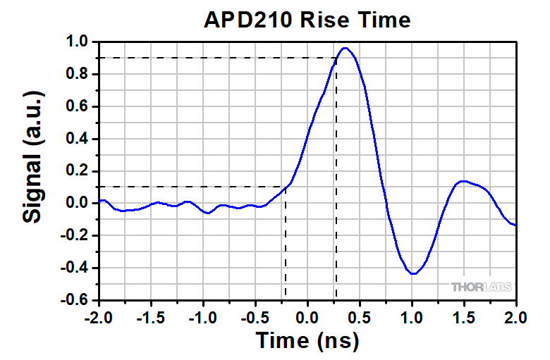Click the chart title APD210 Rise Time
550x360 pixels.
tap(306, 20)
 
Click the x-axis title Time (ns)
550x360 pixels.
tap(307, 340)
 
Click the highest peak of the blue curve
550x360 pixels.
tap(345, 48)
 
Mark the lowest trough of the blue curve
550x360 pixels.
tap(413, 273)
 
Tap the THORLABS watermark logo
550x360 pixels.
tap(482, 287)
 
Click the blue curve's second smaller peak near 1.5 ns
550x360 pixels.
tap(463, 181)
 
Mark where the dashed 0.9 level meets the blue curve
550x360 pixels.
tap(336, 58)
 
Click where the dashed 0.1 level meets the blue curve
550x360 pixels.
tap(285, 187)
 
